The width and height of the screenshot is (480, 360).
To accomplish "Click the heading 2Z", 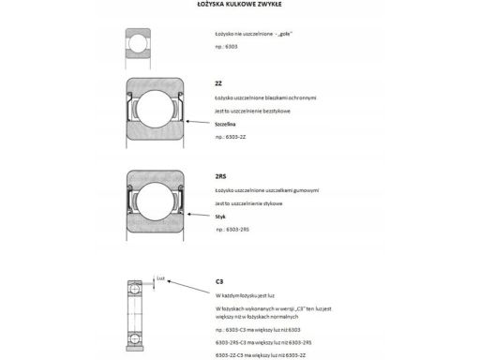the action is tap(218, 84).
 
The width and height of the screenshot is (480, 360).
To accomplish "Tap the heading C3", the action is tap(218, 280).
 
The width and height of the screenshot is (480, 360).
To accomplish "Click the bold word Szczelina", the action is tap(226, 123).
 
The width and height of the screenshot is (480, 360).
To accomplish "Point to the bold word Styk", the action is tap(220, 216).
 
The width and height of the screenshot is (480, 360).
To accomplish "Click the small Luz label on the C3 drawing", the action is tap(161, 277).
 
